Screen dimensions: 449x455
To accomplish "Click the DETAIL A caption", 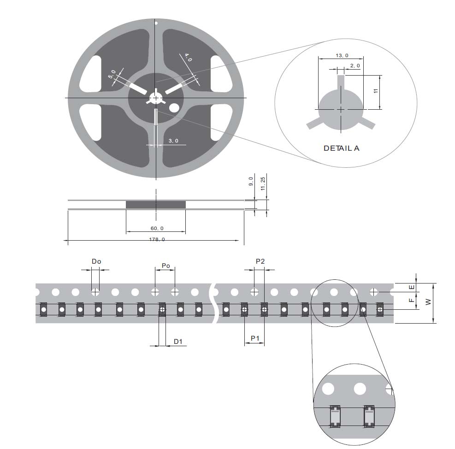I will pyautogui.click(x=341, y=148).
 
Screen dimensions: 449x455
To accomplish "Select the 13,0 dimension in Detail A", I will pyautogui.click(x=342, y=55).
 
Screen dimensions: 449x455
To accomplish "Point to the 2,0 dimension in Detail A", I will pyautogui.click(x=355, y=66).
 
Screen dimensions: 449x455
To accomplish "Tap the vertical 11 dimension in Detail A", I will pyautogui.click(x=376, y=91).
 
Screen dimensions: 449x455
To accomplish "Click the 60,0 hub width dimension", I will pyautogui.click(x=156, y=228).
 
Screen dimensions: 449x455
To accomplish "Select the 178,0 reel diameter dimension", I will pyautogui.click(x=156, y=239).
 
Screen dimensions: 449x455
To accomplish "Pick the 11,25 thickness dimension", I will pyautogui.click(x=263, y=183).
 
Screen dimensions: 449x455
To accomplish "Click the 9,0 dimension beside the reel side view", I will pyautogui.click(x=251, y=181).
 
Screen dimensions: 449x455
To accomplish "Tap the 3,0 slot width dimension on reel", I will pyautogui.click(x=173, y=141).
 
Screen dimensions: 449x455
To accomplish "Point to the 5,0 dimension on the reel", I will pyautogui.click(x=112, y=75).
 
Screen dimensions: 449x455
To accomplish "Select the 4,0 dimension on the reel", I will pyautogui.click(x=188, y=58).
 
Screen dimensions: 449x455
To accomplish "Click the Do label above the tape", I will pyautogui.click(x=96, y=261).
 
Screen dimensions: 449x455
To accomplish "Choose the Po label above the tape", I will pyautogui.click(x=165, y=266).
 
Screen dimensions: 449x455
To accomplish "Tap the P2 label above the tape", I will pyautogui.click(x=260, y=261).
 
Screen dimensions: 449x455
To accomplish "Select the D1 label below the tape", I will pyautogui.click(x=178, y=342).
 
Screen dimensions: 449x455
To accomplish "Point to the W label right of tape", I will pyautogui.click(x=428, y=302).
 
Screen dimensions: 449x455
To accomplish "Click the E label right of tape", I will pyautogui.click(x=412, y=287).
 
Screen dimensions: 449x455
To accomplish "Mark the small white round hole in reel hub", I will pyautogui.click(x=174, y=107).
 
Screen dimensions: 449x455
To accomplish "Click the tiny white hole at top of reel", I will pyautogui.click(x=156, y=23).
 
